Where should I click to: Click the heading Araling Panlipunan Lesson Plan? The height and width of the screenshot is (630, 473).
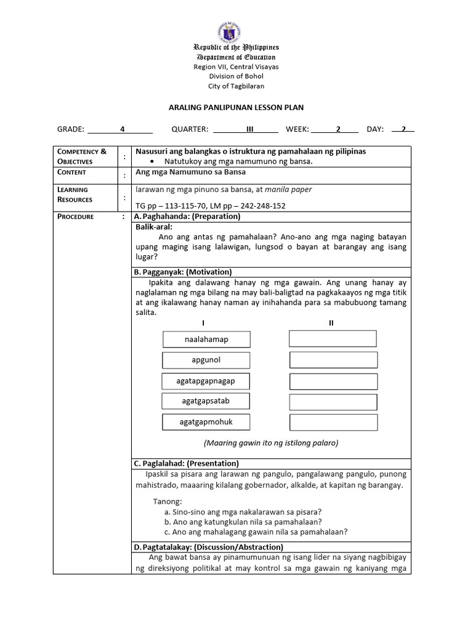[236, 108]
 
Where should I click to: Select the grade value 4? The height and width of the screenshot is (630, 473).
[123, 129]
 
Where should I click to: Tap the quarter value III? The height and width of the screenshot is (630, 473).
[249, 129]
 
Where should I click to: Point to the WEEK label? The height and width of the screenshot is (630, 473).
[297, 129]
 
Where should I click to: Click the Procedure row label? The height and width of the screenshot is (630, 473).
[75, 217]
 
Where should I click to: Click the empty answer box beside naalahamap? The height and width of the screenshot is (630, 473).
[333, 339]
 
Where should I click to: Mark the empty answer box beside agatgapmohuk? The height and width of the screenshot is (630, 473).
[333, 423]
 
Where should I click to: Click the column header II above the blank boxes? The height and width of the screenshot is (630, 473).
[331, 323]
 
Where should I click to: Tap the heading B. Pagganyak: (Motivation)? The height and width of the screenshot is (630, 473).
[183, 272]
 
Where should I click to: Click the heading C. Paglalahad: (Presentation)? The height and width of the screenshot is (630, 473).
[187, 463]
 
